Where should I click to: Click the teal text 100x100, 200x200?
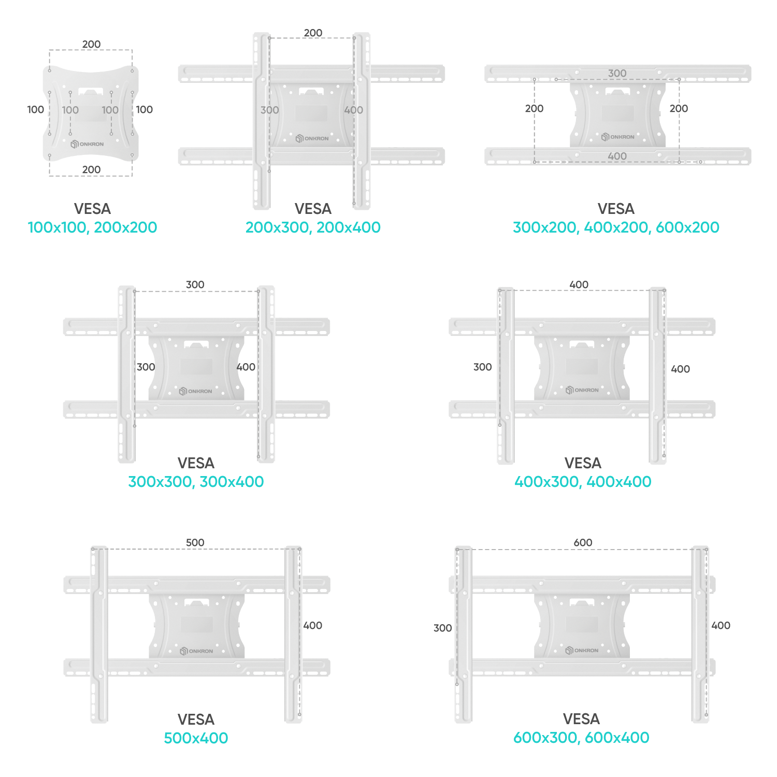[x=92, y=227]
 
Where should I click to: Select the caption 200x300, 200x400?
[x=313, y=227]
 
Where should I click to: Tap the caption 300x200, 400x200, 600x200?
[x=616, y=227]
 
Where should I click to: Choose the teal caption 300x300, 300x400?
[x=196, y=482]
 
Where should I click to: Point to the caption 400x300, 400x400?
[x=583, y=482]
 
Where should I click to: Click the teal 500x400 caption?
[x=196, y=738]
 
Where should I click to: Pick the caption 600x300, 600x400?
[x=581, y=738]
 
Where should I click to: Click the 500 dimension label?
[x=195, y=542]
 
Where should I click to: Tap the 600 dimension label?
[x=583, y=542]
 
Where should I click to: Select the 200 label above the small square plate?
[x=91, y=44]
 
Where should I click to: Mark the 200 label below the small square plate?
[x=91, y=169]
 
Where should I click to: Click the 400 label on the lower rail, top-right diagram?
[x=617, y=156]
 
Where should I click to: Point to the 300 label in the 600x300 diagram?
[x=443, y=628]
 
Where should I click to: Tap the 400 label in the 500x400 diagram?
[x=313, y=625]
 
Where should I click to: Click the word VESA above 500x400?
[x=196, y=720]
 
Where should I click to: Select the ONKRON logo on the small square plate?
[x=87, y=144]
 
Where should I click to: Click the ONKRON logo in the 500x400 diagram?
[x=196, y=651]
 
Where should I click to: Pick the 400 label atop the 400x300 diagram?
[x=579, y=284]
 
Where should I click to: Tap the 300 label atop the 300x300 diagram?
[x=195, y=284]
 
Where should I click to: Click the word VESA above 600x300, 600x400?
[x=581, y=719]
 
